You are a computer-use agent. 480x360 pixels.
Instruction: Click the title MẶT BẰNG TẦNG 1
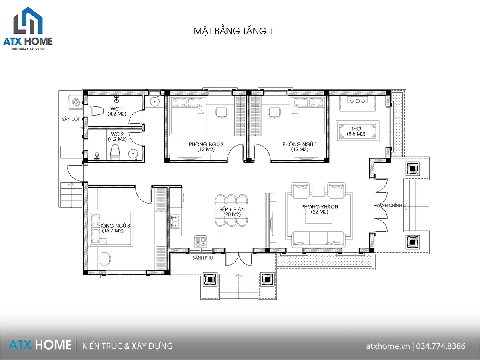click(x=234, y=31)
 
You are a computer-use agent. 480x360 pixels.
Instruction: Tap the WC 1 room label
click(x=117, y=111)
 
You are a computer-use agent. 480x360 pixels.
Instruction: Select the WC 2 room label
click(x=117, y=137)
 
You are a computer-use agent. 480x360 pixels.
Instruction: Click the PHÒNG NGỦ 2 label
click(x=206, y=147)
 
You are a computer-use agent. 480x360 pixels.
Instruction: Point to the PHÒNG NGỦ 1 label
click(x=300, y=147)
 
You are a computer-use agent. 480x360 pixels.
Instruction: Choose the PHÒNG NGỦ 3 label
click(x=113, y=228)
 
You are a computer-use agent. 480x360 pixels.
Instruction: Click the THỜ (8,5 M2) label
click(x=356, y=131)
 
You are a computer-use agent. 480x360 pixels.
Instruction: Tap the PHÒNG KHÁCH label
click(x=320, y=209)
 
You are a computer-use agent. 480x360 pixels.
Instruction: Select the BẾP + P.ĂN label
click(x=232, y=212)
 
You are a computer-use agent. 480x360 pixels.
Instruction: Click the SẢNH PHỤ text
click(x=202, y=258)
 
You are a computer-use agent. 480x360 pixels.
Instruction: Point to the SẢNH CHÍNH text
click(x=389, y=205)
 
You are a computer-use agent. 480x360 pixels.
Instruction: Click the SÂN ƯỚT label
click(x=71, y=119)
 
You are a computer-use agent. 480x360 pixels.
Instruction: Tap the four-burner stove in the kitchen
click(x=200, y=242)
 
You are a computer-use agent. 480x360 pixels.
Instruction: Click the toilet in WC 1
click(x=96, y=111)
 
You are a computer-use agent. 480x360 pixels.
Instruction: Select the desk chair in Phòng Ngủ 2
click(x=222, y=112)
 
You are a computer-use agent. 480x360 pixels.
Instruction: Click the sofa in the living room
click(x=318, y=239)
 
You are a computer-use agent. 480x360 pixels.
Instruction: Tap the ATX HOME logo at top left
click(x=28, y=28)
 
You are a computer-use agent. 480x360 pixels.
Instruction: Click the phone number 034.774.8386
click(x=441, y=346)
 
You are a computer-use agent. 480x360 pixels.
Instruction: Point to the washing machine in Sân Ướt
click(x=76, y=102)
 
